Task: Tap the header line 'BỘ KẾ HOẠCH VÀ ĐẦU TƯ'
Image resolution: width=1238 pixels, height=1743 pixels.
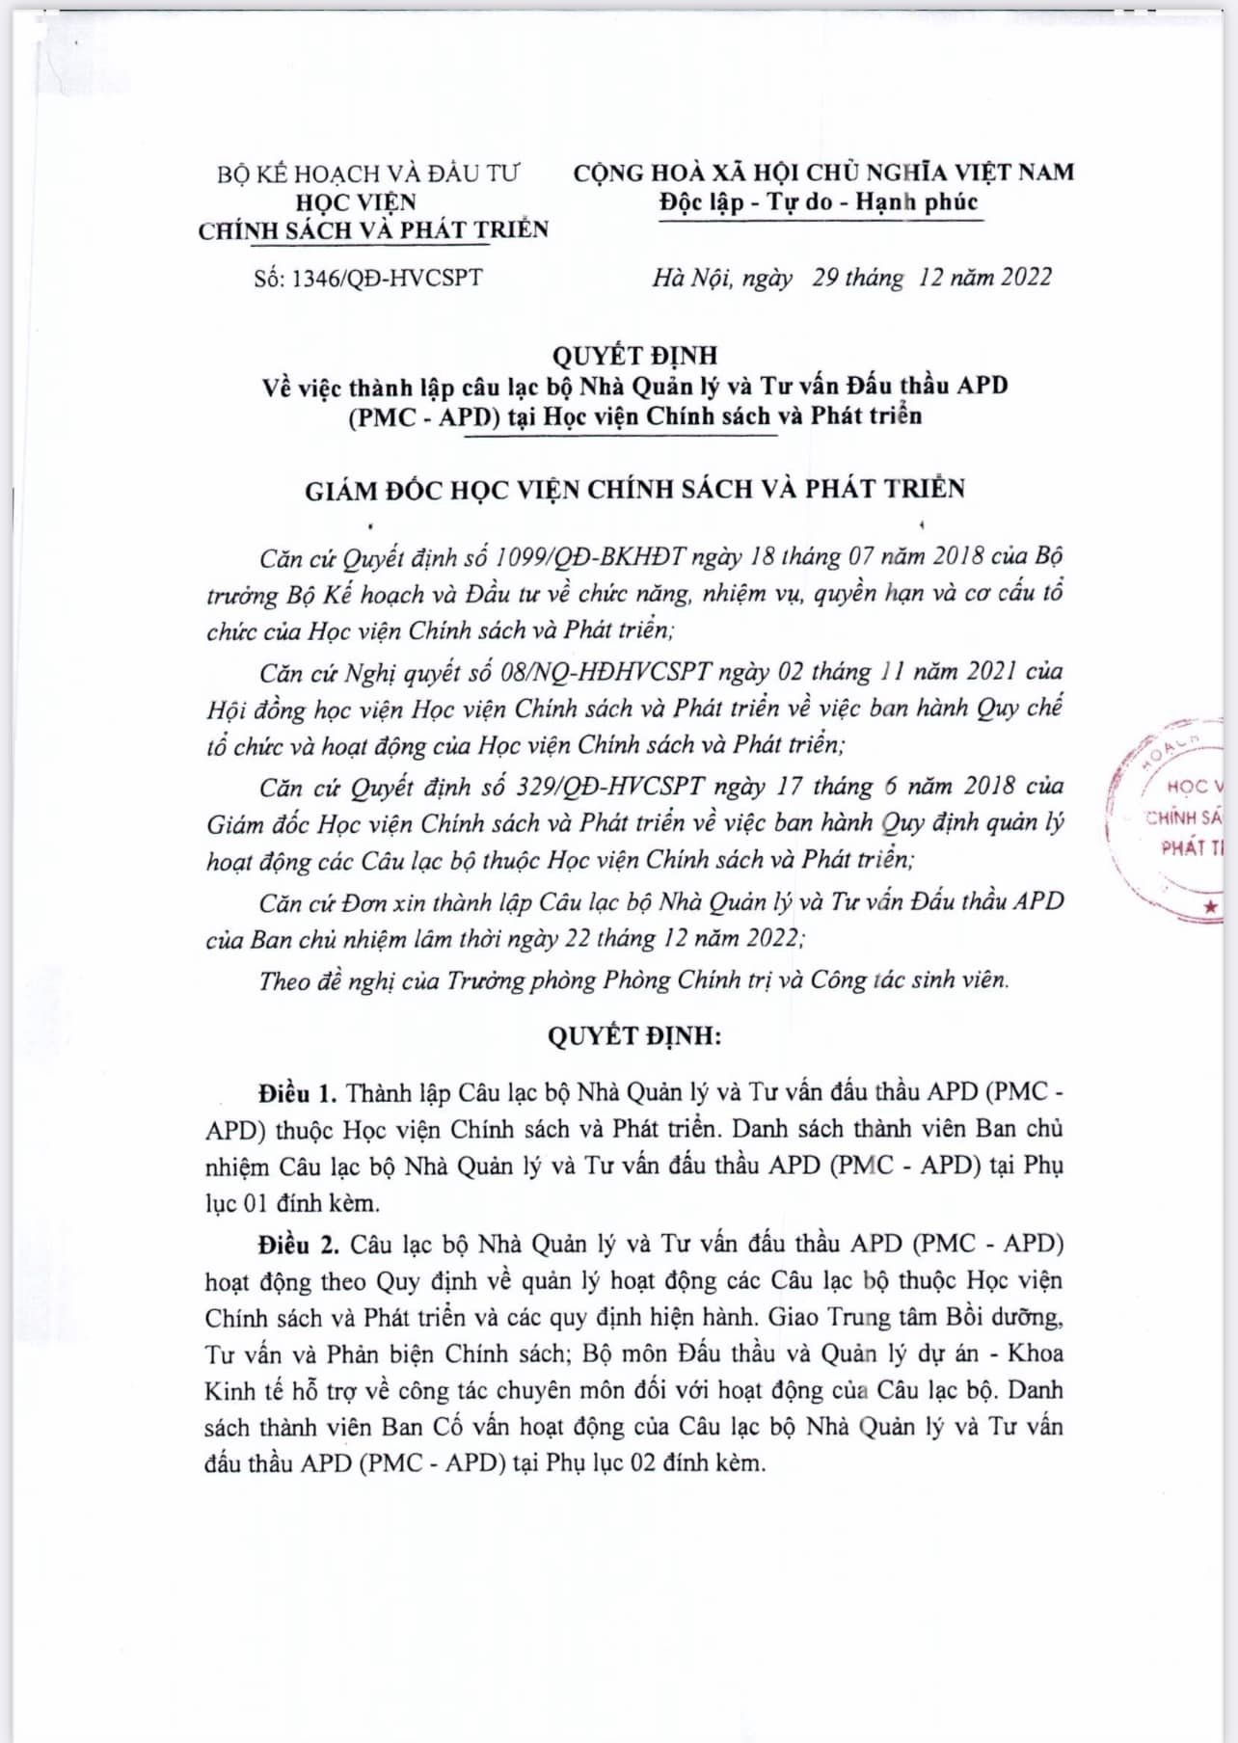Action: (367, 174)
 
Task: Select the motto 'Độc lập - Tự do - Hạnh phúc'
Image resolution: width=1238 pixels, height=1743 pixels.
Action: (819, 202)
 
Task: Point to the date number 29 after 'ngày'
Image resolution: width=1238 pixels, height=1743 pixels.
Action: (826, 278)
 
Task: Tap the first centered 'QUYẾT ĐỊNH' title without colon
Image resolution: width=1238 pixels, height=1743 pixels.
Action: (634, 356)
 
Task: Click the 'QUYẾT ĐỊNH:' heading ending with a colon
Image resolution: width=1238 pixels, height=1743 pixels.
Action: (634, 1036)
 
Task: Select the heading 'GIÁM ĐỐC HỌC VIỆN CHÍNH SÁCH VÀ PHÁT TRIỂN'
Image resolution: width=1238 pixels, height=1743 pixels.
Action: (634, 490)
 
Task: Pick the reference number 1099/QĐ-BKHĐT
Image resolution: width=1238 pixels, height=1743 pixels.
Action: (589, 557)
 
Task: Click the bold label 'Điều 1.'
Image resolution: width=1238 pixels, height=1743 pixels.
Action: (297, 1093)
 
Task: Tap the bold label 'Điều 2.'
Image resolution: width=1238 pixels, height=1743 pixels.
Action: (298, 1245)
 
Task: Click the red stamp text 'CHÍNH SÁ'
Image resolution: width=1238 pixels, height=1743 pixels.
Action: (1184, 818)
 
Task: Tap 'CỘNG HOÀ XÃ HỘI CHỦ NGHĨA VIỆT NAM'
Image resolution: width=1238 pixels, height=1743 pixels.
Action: (822, 174)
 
